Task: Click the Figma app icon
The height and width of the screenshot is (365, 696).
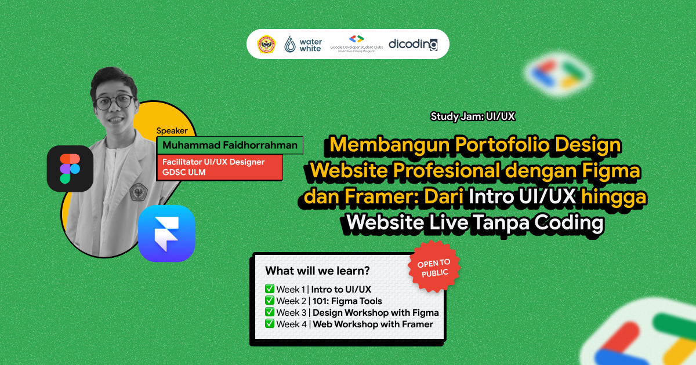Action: tap(70, 168)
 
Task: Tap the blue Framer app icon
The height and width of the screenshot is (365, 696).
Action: tap(166, 233)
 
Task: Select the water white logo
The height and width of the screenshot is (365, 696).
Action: tap(303, 45)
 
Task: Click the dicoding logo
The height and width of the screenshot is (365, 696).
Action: tap(413, 44)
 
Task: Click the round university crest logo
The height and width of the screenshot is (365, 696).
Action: tap(267, 45)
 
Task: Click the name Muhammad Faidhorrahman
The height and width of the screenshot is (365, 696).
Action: tap(230, 145)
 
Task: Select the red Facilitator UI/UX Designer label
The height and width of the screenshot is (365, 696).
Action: tap(220, 167)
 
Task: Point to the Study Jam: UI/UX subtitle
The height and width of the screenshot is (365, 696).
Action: tap(473, 116)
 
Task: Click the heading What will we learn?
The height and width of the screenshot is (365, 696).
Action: tap(317, 271)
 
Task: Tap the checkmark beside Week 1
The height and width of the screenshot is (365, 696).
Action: tap(269, 289)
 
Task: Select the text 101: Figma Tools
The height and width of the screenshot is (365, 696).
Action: tap(347, 301)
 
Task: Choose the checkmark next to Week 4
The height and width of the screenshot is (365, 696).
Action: tap(269, 324)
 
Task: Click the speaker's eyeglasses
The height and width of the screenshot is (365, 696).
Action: tap(114, 103)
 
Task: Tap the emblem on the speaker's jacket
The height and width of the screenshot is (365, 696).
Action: tap(139, 191)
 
